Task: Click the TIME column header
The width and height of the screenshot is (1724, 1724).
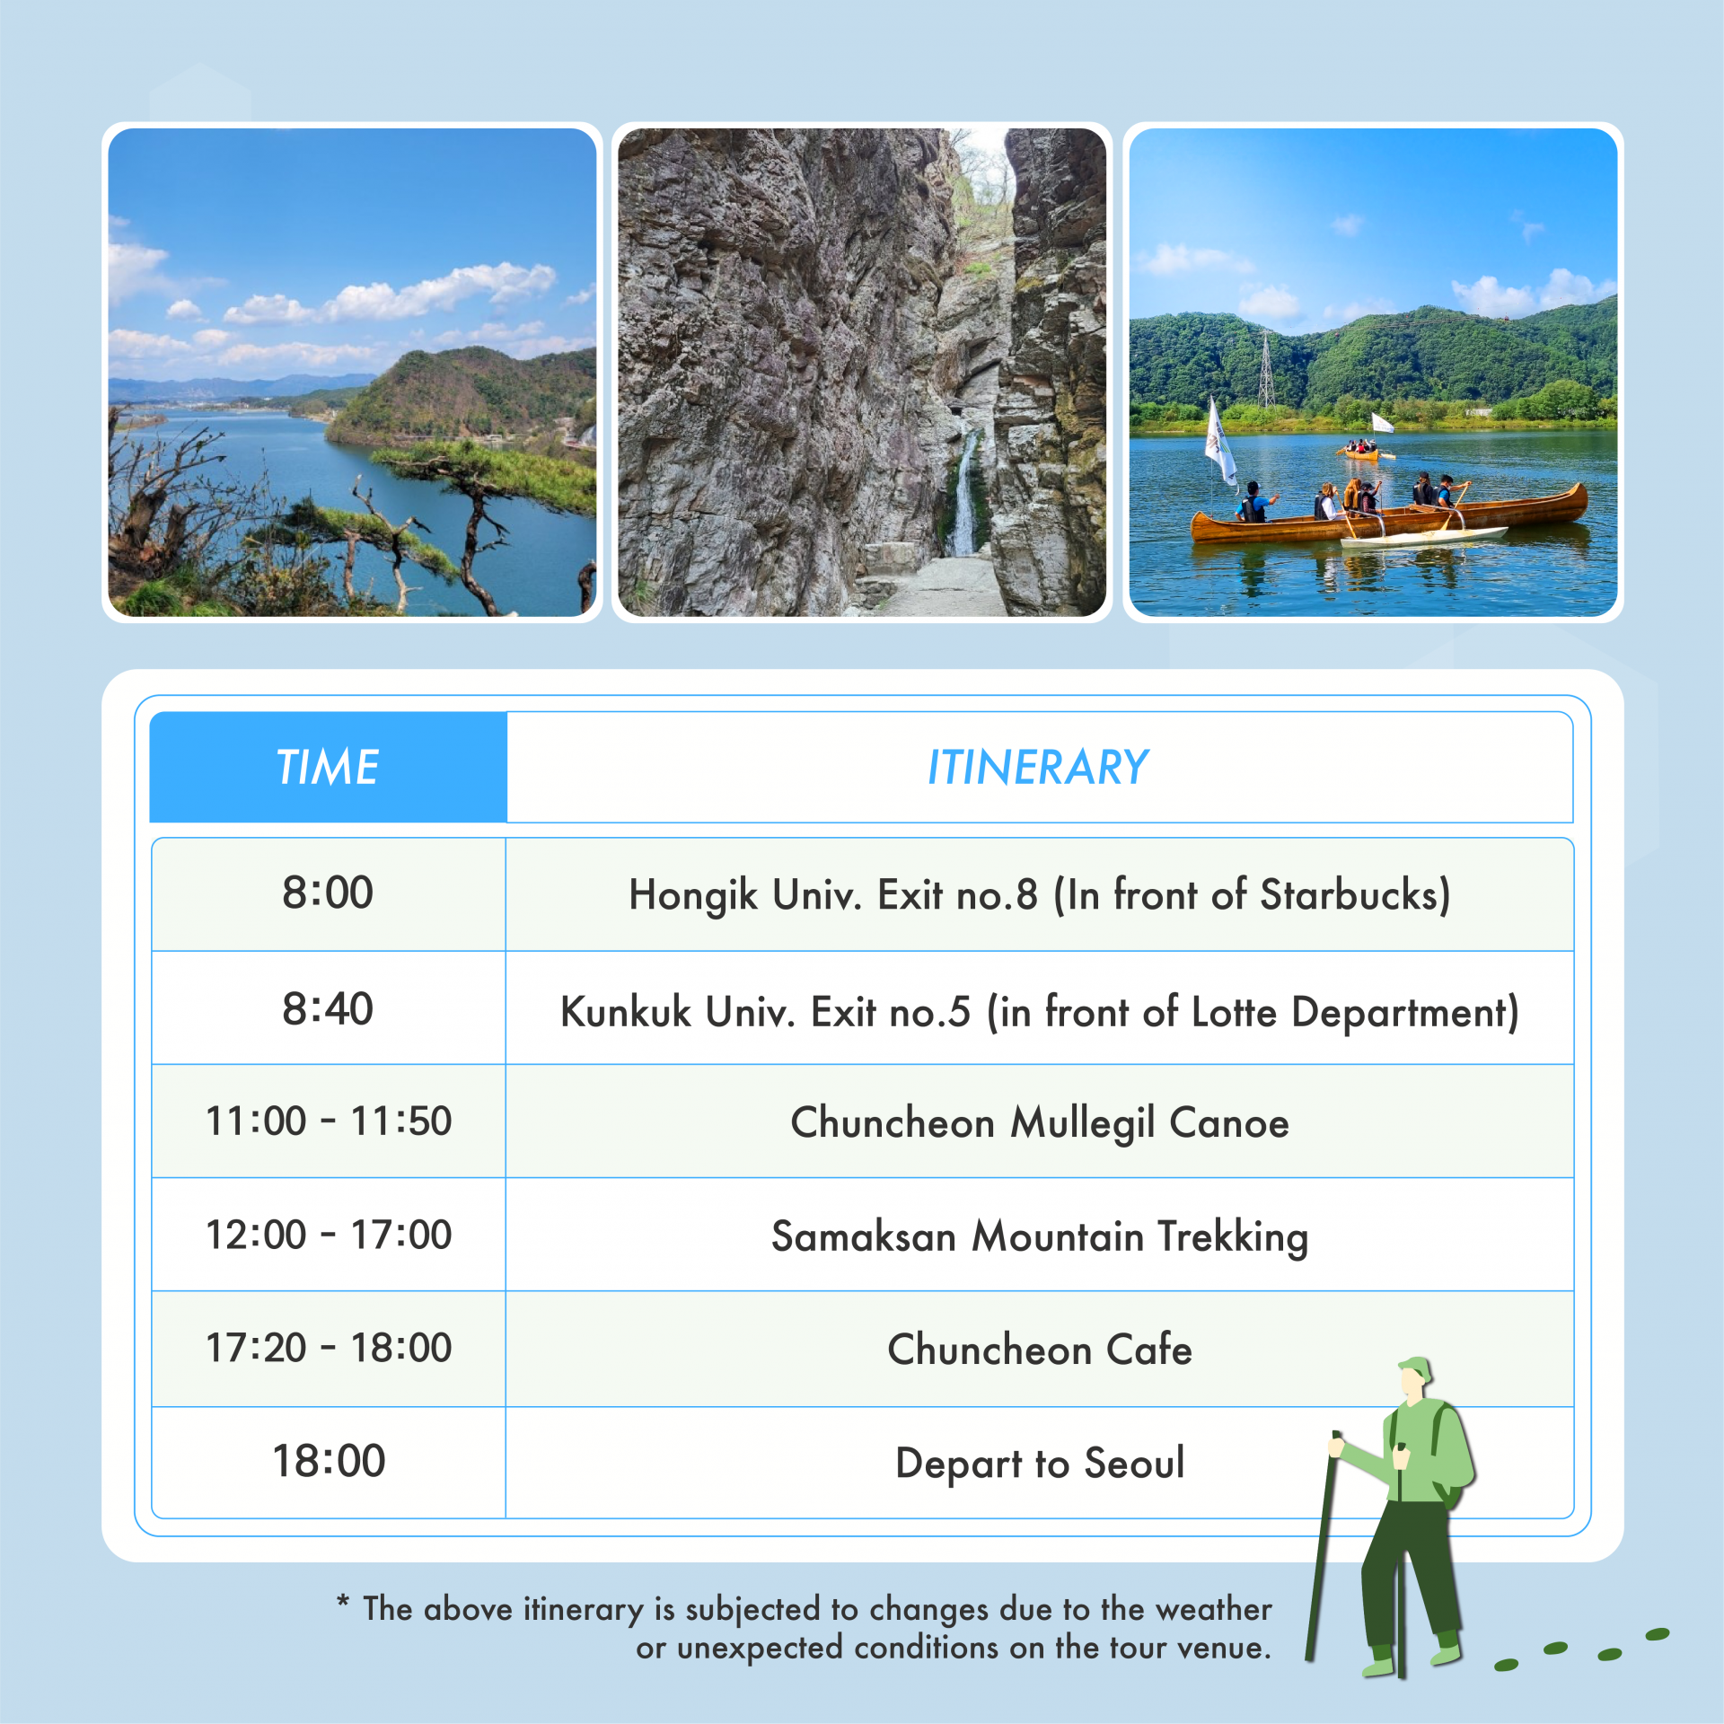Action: click(x=328, y=767)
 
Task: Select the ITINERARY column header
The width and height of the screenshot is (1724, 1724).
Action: click(x=1039, y=767)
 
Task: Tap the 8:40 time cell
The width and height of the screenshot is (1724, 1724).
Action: click(x=328, y=1008)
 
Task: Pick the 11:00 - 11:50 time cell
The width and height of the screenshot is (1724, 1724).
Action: click(x=329, y=1121)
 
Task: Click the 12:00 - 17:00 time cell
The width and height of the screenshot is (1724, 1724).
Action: click(x=329, y=1235)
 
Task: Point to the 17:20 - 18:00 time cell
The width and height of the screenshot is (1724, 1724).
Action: click(x=329, y=1348)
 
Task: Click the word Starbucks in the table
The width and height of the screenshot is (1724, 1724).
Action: click(x=1355, y=894)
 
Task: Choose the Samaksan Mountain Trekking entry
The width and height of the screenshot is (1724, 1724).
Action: click(x=1040, y=1237)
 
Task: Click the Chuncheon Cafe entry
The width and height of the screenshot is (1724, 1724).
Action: click(x=1040, y=1350)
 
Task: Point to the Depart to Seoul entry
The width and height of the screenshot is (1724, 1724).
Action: click(x=1040, y=1465)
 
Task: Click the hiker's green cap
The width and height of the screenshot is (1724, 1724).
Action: click(x=1414, y=1369)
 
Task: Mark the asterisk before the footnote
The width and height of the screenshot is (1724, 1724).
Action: click(x=342, y=1601)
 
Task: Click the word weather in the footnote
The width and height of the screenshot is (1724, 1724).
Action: click(x=1214, y=1609)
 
